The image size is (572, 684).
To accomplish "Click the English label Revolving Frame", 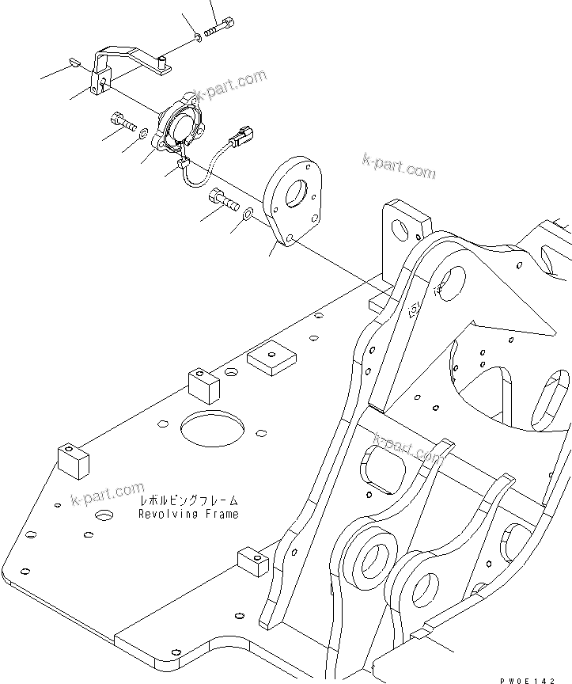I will [x=188, y=514].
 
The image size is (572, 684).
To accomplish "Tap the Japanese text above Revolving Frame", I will [x=188, y=501].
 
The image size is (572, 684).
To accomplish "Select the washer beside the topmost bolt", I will [x=196, y=37].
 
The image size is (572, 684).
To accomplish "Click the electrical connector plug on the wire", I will [x=241, y=139].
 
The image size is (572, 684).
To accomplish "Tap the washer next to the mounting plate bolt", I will [x=248, y=212].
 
